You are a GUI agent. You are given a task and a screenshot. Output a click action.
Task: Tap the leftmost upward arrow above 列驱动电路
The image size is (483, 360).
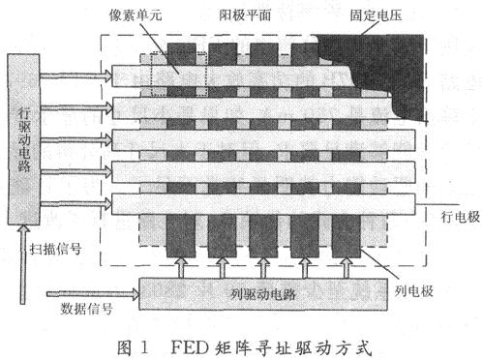click(x=182, y=265)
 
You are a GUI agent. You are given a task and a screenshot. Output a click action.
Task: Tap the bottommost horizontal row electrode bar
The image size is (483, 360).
click(x=261, y=204)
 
